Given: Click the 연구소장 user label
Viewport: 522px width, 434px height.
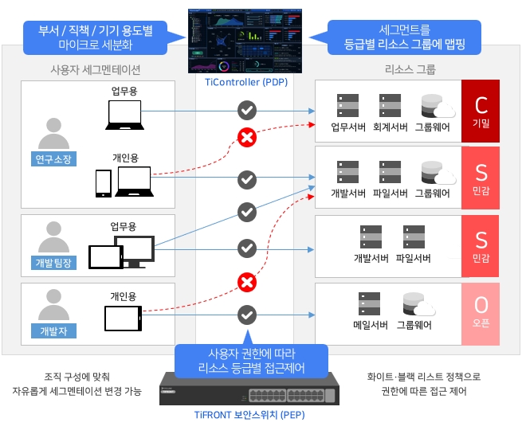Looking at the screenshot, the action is click(x=53, y=159).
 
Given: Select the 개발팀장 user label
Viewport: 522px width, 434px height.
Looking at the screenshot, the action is click(x=53, y=263).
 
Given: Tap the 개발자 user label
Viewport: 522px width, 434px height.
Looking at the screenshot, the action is click(x=53, y=331).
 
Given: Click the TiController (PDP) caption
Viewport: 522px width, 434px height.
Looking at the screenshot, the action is click(x=246, y=82).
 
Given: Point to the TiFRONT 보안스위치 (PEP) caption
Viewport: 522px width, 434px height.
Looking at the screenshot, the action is click(x=249, y=415).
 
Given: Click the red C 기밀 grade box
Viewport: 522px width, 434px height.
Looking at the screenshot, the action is click(x=481, y=111).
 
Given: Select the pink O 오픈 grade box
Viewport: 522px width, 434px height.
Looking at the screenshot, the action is click(x=481, y=314).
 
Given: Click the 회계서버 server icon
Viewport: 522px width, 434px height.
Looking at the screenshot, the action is click(x=390, y=105).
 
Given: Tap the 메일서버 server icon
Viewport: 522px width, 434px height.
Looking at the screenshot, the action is click(x=369, y=303).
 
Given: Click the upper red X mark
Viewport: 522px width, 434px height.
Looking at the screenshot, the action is click(x=247, y=137).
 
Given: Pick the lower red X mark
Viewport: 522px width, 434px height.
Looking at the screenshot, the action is click(x=247, y=283).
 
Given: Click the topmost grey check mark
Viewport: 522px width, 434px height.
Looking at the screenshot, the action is click(x=247, y=110).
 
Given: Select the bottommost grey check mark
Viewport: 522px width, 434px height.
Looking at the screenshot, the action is click(x=247, y=315).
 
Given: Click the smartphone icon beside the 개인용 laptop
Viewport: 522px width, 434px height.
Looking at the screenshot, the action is click(x=104, y=184).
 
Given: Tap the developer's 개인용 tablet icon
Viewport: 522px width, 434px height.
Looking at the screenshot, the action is click(x=124, y=319).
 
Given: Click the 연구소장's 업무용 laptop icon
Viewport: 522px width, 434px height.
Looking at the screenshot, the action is click(x=125, y=115).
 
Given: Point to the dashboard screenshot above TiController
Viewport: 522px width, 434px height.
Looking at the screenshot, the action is click(x=245, y=41).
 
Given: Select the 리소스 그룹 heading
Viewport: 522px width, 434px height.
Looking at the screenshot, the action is click(x=410, y=69).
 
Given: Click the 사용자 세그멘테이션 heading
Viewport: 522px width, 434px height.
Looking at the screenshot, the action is click(x=95, y=70).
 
